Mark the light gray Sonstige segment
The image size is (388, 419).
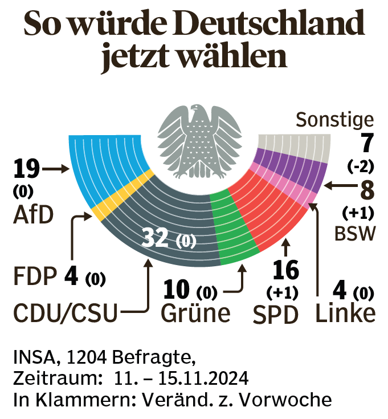point(296,143)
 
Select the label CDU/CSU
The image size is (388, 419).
point(66,313)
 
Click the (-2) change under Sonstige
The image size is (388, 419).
point(360,166)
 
